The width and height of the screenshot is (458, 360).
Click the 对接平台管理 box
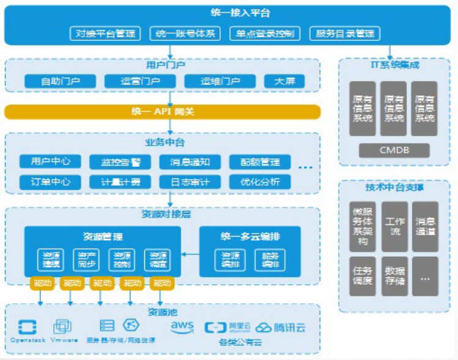(105, 33)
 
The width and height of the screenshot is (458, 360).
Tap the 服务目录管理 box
(345, 33)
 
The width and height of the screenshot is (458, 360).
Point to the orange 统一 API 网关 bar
(163, 112)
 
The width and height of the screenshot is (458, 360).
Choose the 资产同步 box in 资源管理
(86, 260)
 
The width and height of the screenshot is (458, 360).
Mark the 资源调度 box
(158, 260)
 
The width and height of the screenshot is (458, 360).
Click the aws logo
(182, 327)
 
